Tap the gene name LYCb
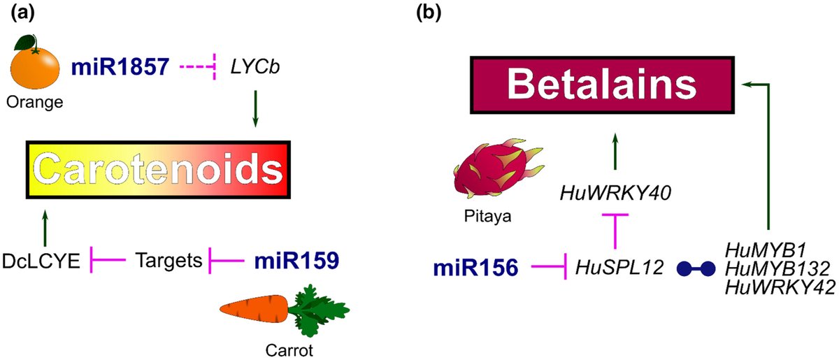(x=251, y=69)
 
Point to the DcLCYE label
(x=43, y=261)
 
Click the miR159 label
(x=296, y=261)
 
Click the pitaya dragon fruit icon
(x=491, y=171)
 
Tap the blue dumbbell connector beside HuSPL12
(x=696, y=267)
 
